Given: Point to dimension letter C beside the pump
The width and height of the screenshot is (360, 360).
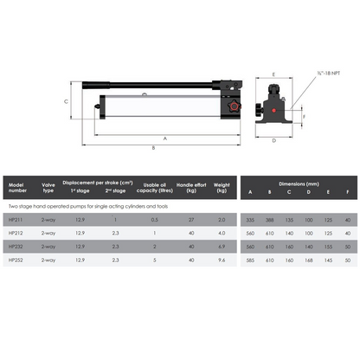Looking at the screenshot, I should click(x=67, y=101).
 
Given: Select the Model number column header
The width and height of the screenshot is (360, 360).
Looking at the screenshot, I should click(x=18, y=187).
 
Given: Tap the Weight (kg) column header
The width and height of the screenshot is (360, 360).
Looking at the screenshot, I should click(x=222, y=187).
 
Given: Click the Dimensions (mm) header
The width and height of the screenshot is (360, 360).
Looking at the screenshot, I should click(x=299, y=182).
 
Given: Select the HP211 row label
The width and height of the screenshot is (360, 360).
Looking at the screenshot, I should click(x=16, y=220).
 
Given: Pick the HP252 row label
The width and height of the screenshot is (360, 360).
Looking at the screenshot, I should click(x=16, y=260).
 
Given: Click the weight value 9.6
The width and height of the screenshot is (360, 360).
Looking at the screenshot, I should click(x=222, y=260).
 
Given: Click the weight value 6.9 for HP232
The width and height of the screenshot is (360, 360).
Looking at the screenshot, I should click(x=222, y=247).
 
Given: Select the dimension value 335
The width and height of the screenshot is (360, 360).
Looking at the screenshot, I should click(x=251, y=220).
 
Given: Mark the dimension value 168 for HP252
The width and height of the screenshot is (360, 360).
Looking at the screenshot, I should click(x=309, y=260).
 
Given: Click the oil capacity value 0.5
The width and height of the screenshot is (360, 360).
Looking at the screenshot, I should click(x=155, y=220).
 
